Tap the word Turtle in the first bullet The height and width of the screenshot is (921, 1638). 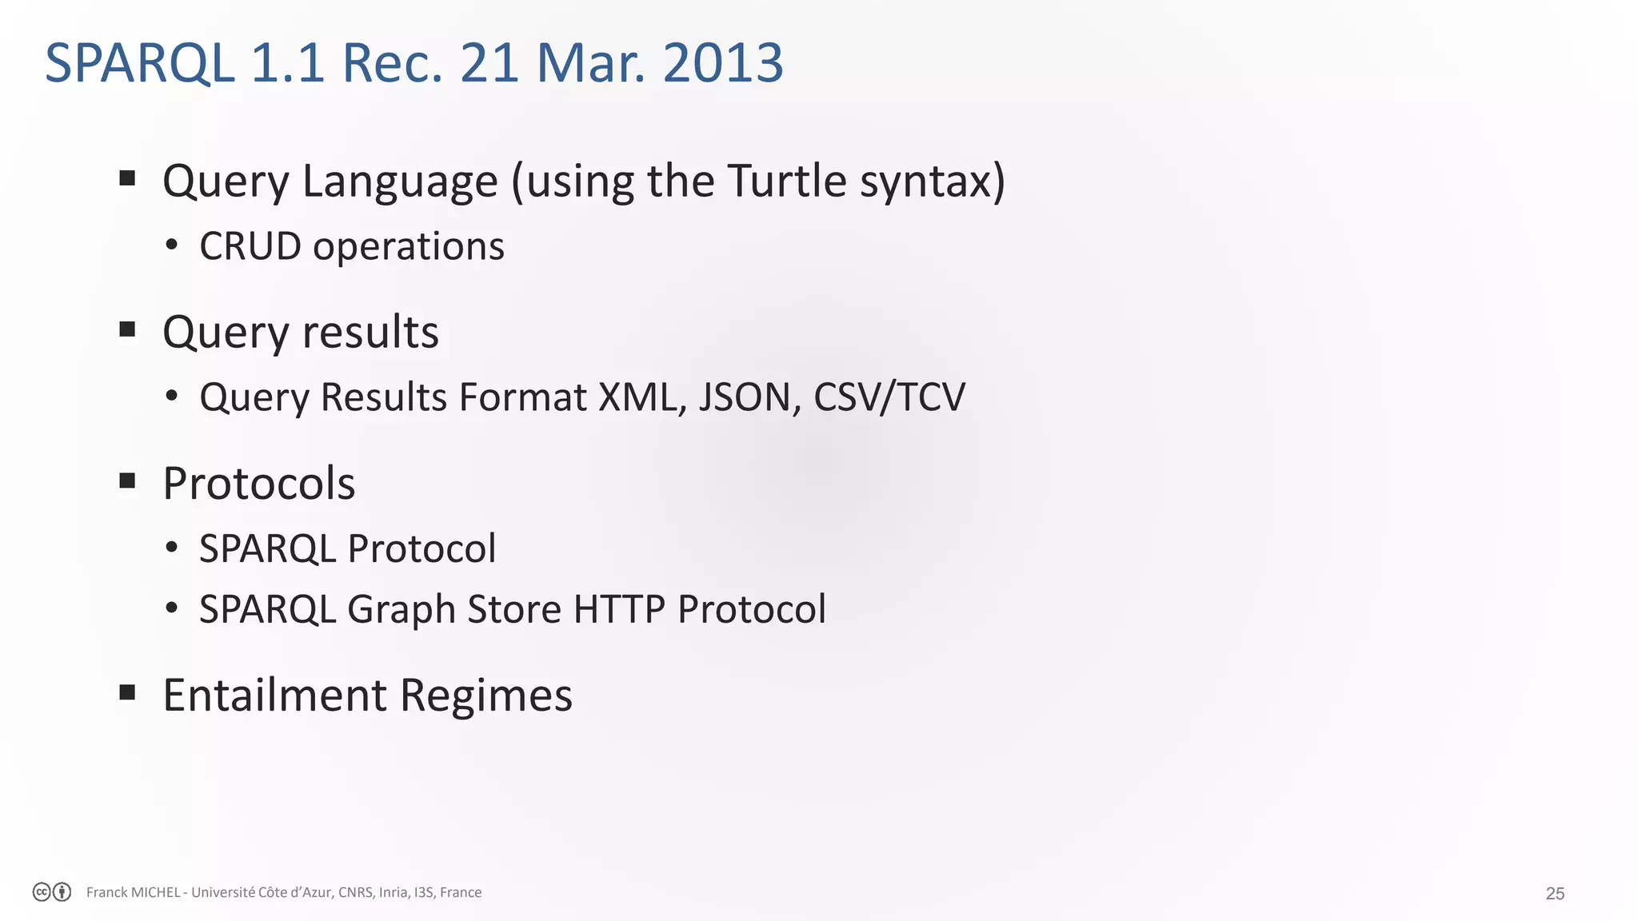[x=787, y=181]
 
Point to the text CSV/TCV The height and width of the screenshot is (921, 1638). [x=889, y=397]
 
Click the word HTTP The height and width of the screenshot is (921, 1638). [x=619, y=609]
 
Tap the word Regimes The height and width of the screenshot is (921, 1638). [x=486, y=695]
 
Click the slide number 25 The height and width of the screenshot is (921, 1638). [x=1555, y=894]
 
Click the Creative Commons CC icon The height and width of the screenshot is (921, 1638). [x=42, y=892]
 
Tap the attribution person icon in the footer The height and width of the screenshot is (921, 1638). [x=62, y=892]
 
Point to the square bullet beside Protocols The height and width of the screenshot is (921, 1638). [x=127, y=481]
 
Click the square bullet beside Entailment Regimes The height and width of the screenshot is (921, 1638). [x=127, y=692]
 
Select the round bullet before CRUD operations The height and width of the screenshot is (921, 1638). [x=171, y=245]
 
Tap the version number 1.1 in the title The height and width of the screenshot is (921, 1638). [x=287, y=62]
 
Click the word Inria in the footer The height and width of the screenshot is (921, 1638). [x=393, y=892]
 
